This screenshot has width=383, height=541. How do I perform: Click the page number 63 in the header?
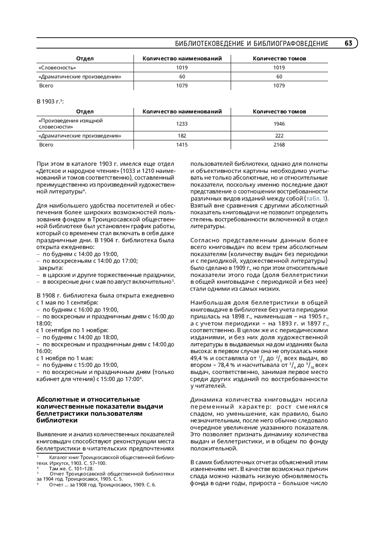pos(348,43)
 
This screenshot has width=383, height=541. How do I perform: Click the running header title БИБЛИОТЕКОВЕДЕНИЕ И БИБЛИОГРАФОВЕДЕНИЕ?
pos(252,44)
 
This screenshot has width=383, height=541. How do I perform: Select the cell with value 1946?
pos(279,124)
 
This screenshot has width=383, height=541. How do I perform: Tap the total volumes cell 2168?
pos(279,145)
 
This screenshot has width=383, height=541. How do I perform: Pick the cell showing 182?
pos(182,136)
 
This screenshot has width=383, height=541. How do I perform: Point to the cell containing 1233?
pos(182,124)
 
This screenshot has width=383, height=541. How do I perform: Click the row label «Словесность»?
pos(57,68)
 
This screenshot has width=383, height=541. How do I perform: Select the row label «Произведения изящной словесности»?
pos(71,124)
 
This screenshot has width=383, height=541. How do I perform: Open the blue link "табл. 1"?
pos(316,199)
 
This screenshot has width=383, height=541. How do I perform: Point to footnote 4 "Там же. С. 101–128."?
pos(71,469)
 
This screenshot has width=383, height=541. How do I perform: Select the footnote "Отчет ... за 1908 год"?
pos(102,485)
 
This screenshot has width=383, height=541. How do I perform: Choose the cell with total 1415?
pos(182,145)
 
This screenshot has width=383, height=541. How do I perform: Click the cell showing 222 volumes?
pos(279,136)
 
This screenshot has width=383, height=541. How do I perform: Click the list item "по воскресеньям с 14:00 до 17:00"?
pos(90,261)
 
